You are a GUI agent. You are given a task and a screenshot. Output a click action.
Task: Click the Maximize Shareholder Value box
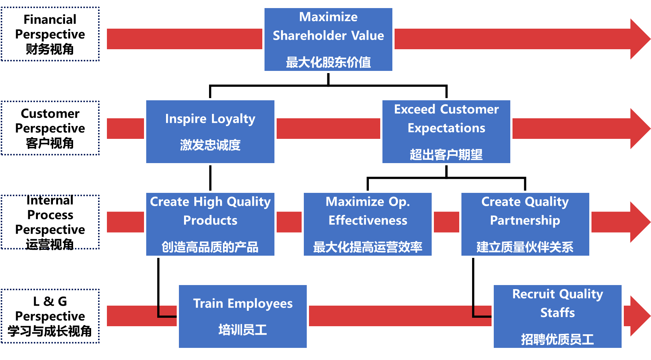click(x=328, y=40)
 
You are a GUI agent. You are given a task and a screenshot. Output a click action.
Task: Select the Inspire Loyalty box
click(x=210, y=132)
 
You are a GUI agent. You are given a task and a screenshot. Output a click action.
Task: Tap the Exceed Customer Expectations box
click(x=446, y=132)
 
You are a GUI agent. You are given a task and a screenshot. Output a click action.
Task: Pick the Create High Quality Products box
click(x=210, y=224)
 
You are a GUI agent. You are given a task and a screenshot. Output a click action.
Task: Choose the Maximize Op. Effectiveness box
click(x=367, y=224)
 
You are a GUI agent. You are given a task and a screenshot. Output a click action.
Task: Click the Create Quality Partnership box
click(x=525, y=224)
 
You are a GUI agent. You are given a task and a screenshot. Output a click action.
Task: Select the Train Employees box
click(x=242, y=316)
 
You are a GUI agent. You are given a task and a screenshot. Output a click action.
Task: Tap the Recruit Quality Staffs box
click(x=557, y=316)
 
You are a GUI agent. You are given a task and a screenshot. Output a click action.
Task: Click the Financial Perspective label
click(x=50, y=34)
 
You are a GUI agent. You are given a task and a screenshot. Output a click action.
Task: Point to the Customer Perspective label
click(x=50, y=128)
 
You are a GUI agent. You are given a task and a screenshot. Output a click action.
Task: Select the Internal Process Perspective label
click(x=50, y=222)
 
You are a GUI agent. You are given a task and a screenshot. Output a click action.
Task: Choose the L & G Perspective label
click(x=50, y=316)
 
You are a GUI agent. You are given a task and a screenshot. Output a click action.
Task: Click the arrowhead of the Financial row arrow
click(x=639, y=39)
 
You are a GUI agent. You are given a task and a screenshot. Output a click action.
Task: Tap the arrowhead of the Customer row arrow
click(x=639, y=129)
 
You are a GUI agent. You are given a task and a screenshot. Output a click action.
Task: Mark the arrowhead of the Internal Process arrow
click(x=639, y=222)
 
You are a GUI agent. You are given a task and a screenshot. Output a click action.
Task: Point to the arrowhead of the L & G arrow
click(x=639, y=316)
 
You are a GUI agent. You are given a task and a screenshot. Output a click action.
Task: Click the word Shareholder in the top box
click(x=309, y=36)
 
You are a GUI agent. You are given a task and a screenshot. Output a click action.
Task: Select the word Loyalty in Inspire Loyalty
click(x=233, y=119)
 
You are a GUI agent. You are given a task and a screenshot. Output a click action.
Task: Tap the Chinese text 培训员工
click(x=242, y=330)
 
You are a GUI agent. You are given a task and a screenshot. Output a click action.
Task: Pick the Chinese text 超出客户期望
click(x=446, y=155)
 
